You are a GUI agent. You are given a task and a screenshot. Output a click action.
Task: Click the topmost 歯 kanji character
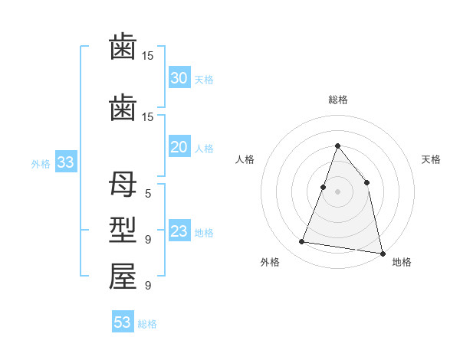point(123,47)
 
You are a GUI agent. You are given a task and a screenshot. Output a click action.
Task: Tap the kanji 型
point(123,231)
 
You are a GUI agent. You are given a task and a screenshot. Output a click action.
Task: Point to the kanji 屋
point(123,277)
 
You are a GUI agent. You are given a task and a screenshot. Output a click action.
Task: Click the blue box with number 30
point(179,78)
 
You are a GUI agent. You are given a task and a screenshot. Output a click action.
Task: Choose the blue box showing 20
point(179,148)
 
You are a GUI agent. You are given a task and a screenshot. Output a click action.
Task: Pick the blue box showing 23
point(179,231)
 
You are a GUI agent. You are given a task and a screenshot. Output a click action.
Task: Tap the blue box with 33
point(65,162)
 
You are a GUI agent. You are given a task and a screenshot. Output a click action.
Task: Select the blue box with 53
point(122,322)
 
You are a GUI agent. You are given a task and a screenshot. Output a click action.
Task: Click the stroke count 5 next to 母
point(148,194)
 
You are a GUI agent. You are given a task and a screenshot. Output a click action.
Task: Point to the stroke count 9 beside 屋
point(148,286)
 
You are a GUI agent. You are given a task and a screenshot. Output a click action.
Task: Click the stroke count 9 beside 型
point(148,240)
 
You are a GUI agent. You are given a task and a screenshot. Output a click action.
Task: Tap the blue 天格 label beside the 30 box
point(204,79)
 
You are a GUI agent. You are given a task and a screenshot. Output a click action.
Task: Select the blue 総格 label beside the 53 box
point(147,324)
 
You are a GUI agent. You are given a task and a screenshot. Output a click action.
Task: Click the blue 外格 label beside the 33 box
point(40,163)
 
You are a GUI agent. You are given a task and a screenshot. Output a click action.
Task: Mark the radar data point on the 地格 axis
point(382,253)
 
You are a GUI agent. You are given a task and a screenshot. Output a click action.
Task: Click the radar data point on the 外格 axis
point(301,242)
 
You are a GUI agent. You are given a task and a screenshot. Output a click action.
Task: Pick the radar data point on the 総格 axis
point(337,146)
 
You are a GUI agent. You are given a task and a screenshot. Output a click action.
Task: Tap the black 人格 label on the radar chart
point(245,159)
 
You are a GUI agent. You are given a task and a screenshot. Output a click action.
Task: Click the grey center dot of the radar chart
point(337,191)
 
